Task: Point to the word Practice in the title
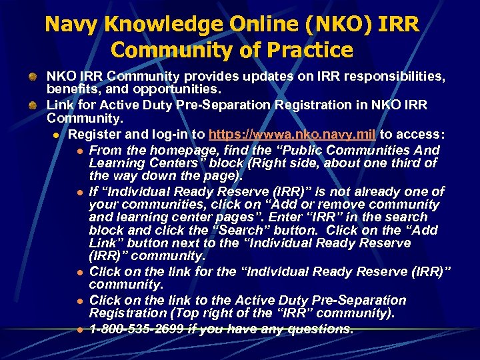[310, 51]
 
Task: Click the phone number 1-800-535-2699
[137, 329]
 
